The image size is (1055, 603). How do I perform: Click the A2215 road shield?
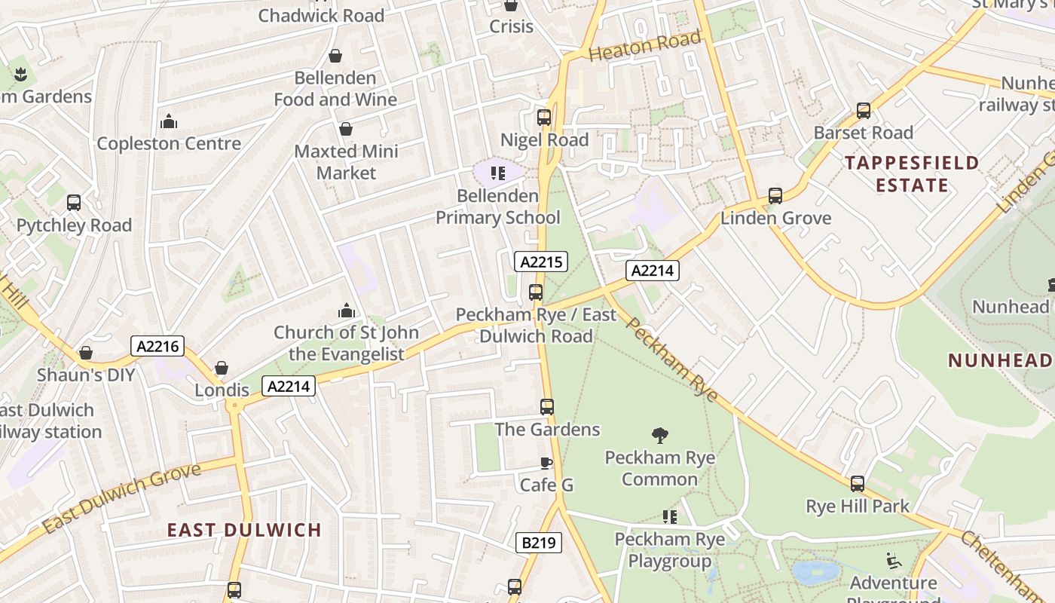[540, 262]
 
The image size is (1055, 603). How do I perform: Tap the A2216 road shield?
[157, 346]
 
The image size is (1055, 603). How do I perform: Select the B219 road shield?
[539, 542]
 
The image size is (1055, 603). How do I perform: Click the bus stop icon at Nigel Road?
[543, 118]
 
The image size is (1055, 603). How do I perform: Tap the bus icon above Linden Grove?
[775, 196]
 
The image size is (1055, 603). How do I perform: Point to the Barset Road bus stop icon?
[863, 111]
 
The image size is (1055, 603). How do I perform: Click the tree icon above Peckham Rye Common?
[660, 435]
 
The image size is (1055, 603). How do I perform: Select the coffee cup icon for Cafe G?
[546, 463]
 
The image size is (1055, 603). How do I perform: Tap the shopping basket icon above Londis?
[222, 368]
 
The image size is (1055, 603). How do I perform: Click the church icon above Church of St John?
[346, 310]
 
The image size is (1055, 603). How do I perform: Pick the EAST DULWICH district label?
[244, 530]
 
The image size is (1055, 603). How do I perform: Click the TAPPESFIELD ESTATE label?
[912, 173]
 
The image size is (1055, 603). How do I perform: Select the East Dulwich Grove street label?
[121, 498]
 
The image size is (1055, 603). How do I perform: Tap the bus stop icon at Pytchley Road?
[74, 203]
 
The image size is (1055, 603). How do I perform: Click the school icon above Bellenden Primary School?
[497, 173]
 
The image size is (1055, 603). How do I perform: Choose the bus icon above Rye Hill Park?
[857, 484]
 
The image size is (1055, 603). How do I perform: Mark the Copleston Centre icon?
[169, 121]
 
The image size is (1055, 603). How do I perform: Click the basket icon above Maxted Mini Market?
[346, 129]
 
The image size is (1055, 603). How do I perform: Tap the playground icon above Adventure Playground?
[893, 560]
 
